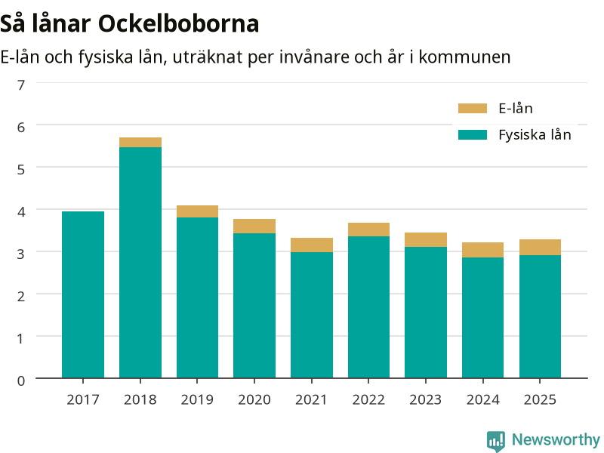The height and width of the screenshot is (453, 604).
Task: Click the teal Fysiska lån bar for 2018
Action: point(140,262)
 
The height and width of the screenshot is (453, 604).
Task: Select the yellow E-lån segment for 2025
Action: point(540,248)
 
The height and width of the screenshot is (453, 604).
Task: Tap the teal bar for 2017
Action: point(83,294)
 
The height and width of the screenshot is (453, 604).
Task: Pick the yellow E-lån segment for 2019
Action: point(197,211)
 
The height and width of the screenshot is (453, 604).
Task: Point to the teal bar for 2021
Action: point(312,315)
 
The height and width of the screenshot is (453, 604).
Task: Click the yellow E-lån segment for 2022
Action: point(368,230)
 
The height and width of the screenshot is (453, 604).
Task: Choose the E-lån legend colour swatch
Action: point(473,108)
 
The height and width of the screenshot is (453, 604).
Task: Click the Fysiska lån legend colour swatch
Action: point(473,135)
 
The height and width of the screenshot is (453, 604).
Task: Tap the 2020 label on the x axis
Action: point(254,399)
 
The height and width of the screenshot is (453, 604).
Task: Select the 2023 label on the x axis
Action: point(426,399)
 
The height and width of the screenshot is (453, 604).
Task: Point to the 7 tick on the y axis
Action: point(21,85)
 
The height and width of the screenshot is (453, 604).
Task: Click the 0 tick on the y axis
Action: point(21,381)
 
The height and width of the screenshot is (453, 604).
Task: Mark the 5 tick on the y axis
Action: point(21,169)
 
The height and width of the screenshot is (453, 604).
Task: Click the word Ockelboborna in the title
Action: point(178,24)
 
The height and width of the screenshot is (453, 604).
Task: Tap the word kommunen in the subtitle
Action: point(464,57)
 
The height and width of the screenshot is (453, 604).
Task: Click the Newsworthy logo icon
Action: point(496,441)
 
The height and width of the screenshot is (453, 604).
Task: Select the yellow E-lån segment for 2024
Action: point(482,250)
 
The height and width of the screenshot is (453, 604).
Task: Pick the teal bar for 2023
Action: point(426,313)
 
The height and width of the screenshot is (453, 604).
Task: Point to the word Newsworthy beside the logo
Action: point(556,439)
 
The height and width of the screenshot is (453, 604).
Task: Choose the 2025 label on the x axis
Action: point(540,399)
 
